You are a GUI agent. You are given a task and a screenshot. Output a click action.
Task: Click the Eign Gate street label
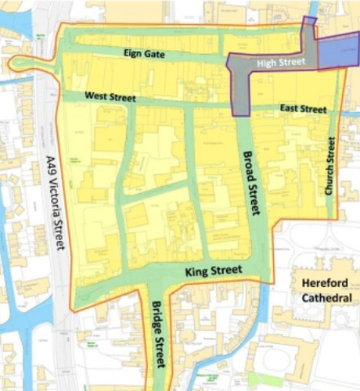click(x=144, y=53)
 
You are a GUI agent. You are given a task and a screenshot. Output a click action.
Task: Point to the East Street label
click(x=302, y=109)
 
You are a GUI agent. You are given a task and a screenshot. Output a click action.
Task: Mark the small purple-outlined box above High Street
click(x=310, y=22)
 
